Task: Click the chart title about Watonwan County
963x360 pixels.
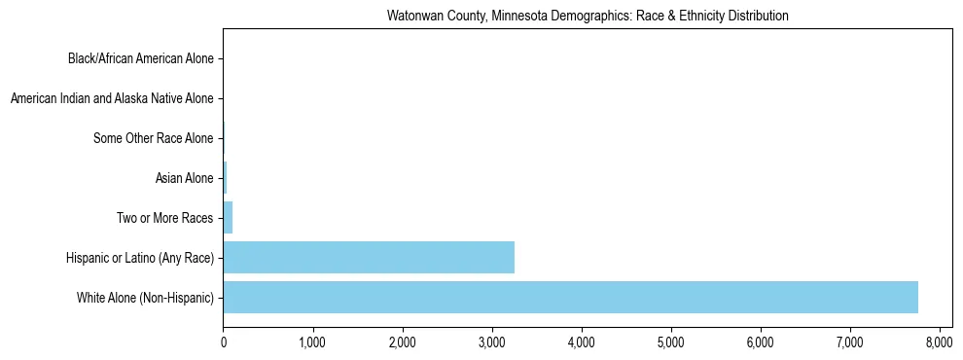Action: pos(588,17)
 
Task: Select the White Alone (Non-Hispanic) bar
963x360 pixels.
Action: pos(570,297)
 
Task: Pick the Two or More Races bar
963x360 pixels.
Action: pos(229,218)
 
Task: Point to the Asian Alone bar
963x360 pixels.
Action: pos(226,178)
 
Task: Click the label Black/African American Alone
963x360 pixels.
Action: pos(140,59)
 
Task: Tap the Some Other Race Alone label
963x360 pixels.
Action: pos(153,138)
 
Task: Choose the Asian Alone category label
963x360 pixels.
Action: pos(184,178)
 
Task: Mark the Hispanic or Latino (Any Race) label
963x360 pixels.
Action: pos(139,257)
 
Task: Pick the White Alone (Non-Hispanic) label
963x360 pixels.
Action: pos(145,297)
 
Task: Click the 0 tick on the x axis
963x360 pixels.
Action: pos(224,342)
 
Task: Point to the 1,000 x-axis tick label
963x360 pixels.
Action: pos(312,342)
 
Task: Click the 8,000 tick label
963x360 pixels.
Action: pos(939,342)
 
